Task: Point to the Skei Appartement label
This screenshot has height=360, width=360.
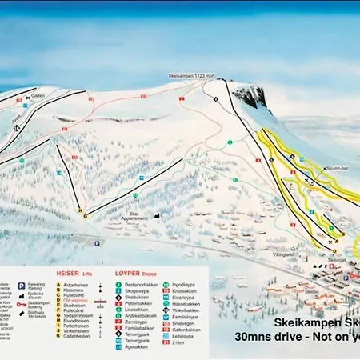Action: (140, 216)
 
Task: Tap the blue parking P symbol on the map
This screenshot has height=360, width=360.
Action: (98, 243)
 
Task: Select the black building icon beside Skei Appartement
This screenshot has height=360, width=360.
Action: (158, 214)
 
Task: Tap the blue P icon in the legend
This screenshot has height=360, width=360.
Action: (21, 285)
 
